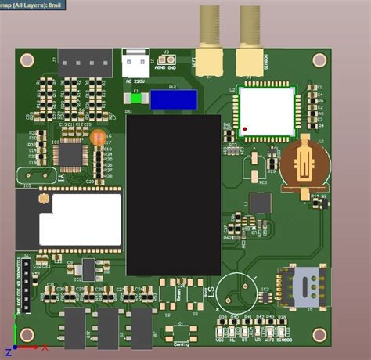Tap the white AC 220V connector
tap(135, 62)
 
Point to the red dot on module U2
tap(246, 128)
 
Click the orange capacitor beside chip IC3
tap(98, 137)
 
